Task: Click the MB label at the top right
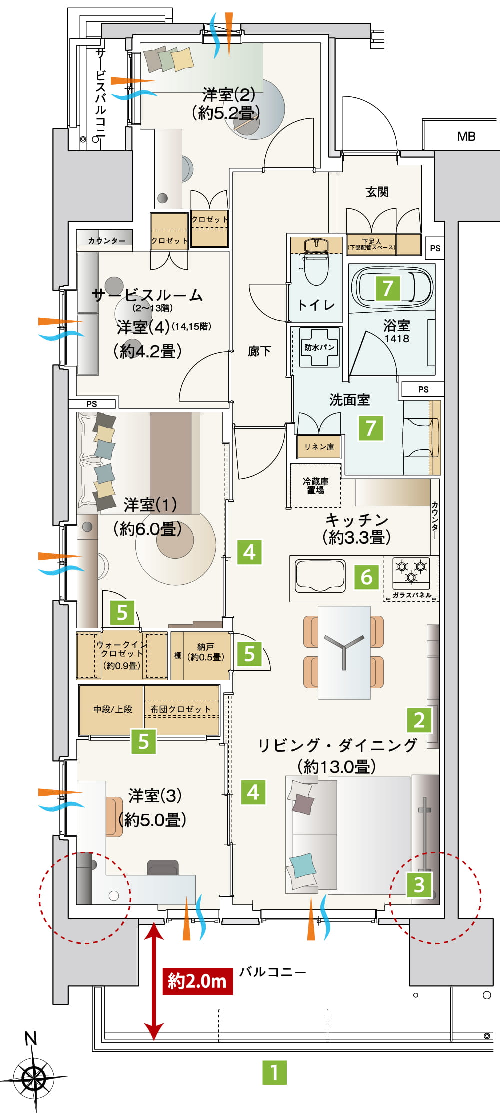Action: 466,136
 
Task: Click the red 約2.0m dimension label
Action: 198,981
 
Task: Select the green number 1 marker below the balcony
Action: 274,1072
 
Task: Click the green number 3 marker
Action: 419,884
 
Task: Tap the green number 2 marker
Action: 419,720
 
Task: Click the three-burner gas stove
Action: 411,572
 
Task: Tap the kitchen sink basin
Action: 320,575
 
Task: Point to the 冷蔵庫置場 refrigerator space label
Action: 315,486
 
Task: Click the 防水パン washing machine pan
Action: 319,347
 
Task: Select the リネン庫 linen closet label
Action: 319,447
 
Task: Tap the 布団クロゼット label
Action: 180,709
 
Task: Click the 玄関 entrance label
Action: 377,192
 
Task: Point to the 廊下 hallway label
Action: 259,351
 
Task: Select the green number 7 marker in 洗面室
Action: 371,428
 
